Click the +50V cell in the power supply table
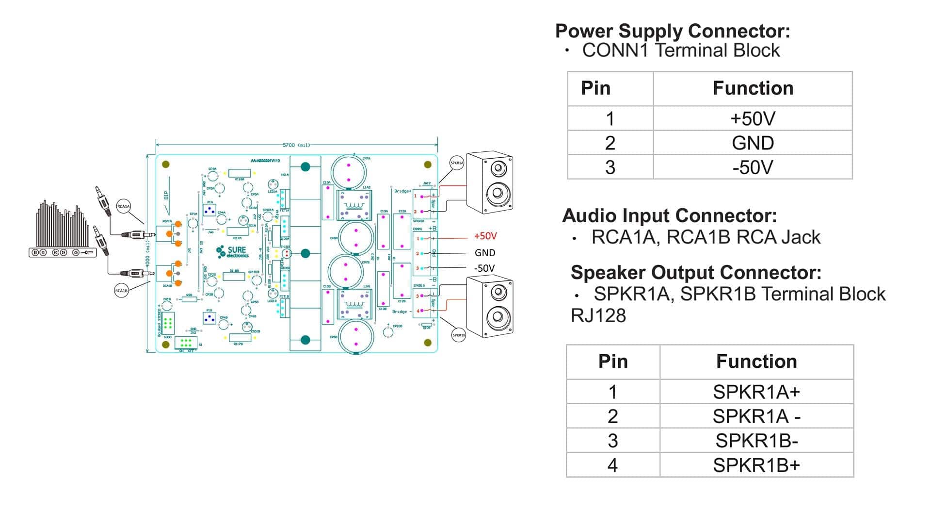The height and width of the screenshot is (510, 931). point(753,118)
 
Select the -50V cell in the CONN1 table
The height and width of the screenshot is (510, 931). point(753,167)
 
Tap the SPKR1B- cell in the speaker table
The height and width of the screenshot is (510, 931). point(756,441)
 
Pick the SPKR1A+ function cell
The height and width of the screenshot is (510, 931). point(756,392)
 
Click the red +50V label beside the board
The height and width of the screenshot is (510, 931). point(485,236)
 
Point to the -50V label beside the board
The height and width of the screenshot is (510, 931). point(484,268)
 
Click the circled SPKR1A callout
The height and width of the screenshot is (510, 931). point(457,163)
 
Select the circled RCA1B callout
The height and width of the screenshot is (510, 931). point(121,291)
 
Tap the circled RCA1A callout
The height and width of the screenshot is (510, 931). point(124,206)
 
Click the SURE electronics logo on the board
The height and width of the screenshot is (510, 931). point(233,251)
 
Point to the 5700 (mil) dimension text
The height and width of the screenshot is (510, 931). point(296,145)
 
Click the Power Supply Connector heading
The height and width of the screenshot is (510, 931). point(672,31)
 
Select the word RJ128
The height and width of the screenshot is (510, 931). point(598,316)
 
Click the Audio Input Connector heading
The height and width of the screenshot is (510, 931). point(669,215)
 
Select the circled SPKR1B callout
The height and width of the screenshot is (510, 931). point(459,335)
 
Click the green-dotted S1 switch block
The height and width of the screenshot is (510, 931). point(185,343)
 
